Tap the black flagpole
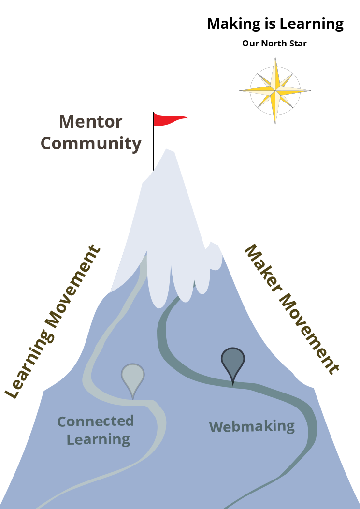154,141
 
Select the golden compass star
275,91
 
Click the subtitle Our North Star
274,43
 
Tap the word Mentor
90,122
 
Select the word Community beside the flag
91,144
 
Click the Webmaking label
252,426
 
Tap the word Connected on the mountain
96,421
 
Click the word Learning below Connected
99,439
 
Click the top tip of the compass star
275,57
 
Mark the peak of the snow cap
167,149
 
